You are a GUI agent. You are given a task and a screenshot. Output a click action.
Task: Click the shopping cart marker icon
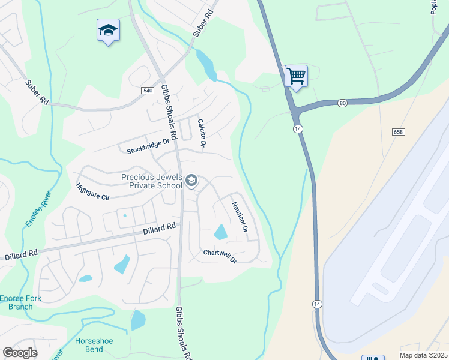tap(296, 76)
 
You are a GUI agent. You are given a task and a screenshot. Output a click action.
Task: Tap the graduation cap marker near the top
tap(108, 30)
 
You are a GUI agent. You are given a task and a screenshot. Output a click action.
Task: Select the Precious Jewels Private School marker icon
tap(191, 180)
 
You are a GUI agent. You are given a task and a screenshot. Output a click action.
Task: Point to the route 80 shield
tap(342, 103)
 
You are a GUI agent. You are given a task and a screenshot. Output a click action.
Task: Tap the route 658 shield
tap(398, 131)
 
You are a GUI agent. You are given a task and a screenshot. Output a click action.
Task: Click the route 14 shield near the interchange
tap(297, 129)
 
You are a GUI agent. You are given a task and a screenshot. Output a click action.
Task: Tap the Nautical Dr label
tap(240, 217)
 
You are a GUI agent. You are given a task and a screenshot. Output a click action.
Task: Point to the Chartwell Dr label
tap(220, 256)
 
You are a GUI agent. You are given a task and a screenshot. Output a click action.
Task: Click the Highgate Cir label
tap(93, 192)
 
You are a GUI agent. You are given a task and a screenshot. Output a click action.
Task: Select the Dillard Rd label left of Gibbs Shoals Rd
tap(159, 228)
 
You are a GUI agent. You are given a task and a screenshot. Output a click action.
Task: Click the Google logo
tap(20, 352)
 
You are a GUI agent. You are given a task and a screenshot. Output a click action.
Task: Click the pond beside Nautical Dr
tap(221, 232)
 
